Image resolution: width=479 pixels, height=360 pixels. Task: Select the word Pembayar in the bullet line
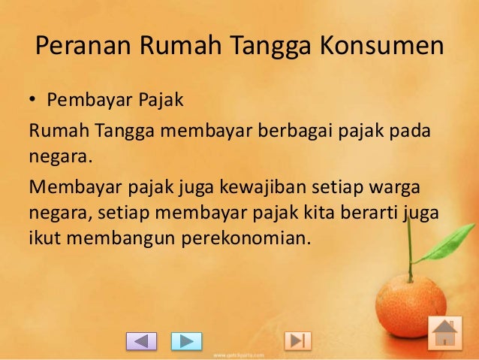tap(81, 101)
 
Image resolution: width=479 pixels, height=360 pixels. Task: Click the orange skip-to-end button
tap(298, 341)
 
